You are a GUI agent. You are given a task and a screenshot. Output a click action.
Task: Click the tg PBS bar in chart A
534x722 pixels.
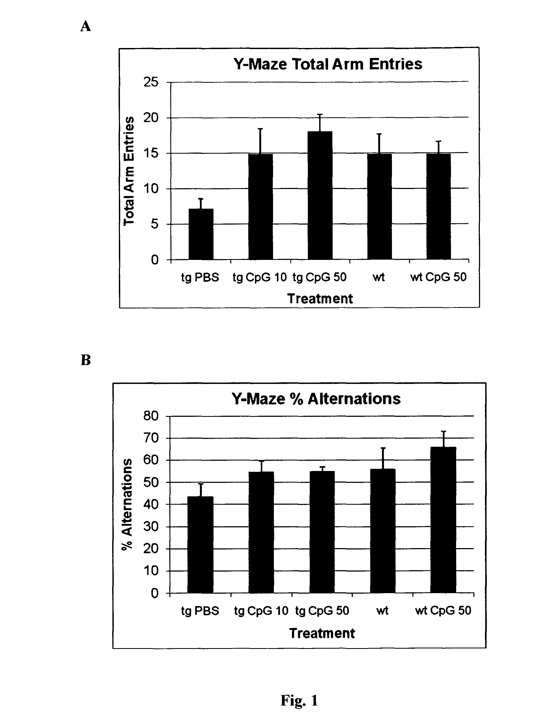pos(201,234)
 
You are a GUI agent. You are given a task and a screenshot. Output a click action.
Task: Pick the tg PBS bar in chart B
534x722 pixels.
pos(200,545)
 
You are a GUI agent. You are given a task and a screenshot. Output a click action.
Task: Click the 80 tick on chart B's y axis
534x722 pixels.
pos(151,416)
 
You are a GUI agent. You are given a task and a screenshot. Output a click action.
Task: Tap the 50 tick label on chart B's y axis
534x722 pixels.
pos(151,482)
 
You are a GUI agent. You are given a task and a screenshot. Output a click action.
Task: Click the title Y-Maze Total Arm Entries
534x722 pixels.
pos(328,64)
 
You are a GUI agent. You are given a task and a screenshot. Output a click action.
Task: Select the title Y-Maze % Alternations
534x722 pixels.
pos(316,399)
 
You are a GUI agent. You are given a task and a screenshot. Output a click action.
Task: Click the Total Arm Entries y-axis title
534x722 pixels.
pos(129,171)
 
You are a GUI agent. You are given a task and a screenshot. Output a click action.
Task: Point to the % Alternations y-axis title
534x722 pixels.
pos(127,504)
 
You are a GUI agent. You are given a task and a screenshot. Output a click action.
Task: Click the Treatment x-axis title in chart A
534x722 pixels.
pos(320,298)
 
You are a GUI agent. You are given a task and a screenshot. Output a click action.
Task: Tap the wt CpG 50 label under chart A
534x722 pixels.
pos(438,277)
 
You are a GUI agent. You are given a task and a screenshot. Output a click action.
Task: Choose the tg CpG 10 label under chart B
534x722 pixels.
pos(261,611)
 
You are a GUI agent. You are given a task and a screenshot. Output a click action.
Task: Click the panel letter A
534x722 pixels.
pos(86,26)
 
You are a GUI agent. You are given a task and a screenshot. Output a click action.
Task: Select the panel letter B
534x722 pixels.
pos(86,360)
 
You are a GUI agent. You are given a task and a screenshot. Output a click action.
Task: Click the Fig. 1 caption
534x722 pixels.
pos(299,701)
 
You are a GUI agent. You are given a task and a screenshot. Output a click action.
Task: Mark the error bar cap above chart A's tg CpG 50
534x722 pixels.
pos(320,115)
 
